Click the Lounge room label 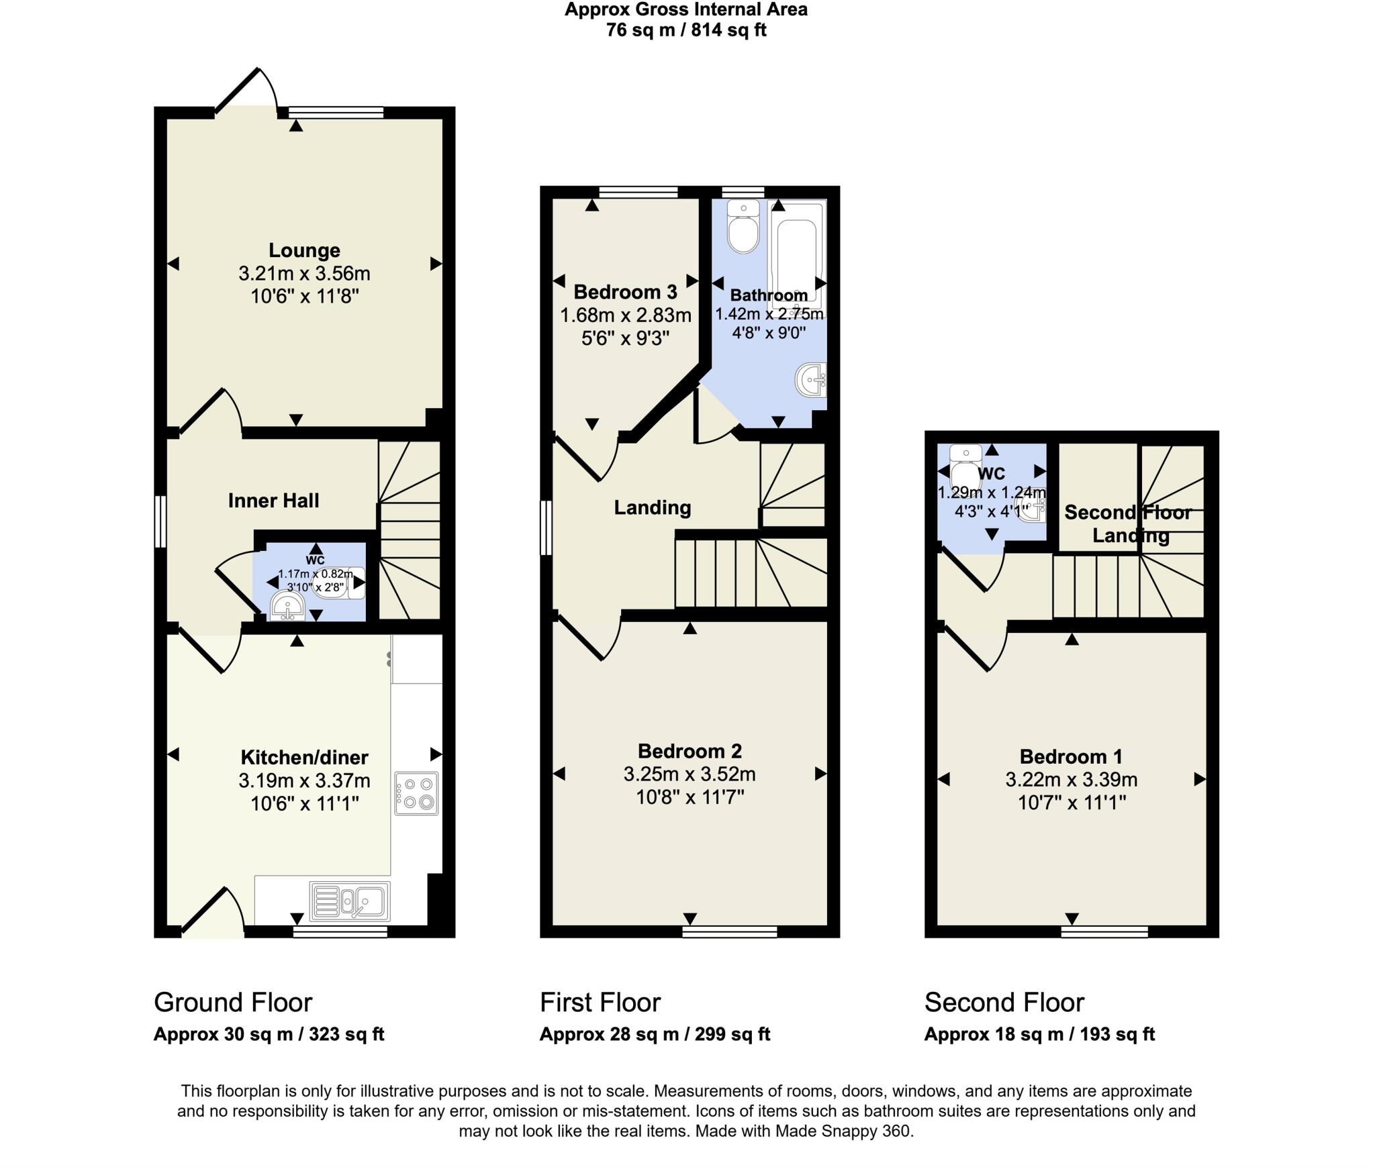(304, 250)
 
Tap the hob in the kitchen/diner (416, 794)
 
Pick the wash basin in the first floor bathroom (811, 380)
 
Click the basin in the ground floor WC (287, 608)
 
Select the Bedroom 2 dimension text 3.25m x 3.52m (690, 774)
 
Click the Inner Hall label (273, 501)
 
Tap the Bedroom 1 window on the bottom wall (1104, 931)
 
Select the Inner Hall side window (160, 521)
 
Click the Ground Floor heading (233, 1002)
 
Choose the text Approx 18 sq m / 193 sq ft (1039, 1034)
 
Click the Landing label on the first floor (652, 507)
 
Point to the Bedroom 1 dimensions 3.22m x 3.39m (1071, 780)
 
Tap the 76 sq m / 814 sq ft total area (685, 30)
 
